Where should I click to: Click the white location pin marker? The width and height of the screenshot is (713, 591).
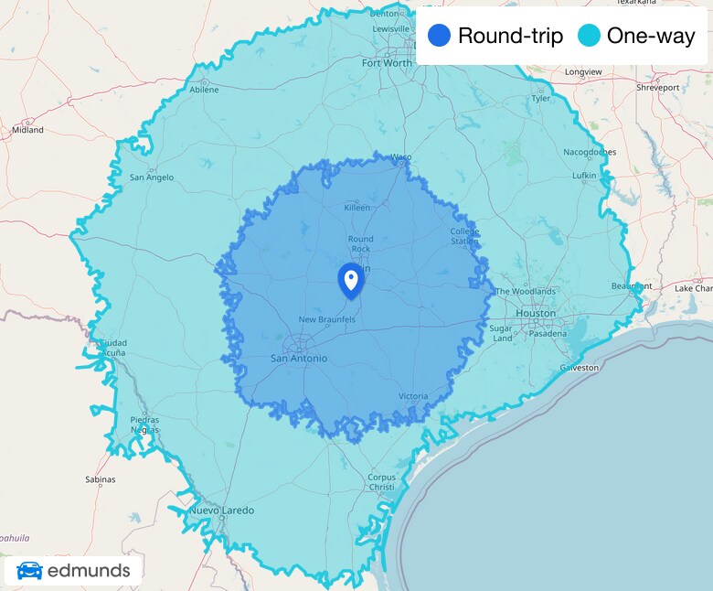pos(350,278)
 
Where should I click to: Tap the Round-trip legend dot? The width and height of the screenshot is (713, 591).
pos(440,37)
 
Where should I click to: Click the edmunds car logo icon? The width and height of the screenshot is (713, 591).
pos(29,571)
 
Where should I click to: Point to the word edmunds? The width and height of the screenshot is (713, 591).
pos(89,571)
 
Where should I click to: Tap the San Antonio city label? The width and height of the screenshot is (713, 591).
pos(298,358)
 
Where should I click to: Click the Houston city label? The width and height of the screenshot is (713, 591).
pos(535,313)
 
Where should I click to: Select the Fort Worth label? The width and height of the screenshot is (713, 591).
pos(387,63)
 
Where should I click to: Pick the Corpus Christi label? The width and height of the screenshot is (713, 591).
pos(381,482)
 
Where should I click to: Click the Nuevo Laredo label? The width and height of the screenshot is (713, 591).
pos(221,510)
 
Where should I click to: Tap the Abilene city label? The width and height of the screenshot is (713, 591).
pos(204,90)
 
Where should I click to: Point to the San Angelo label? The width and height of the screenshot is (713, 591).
pos(152,177)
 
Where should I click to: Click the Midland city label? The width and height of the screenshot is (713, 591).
pos(27,130)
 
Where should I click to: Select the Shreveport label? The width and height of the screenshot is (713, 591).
pos(658,88)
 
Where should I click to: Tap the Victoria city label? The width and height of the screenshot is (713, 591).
pos(413,396)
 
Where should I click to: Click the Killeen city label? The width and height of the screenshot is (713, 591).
pos(356,208)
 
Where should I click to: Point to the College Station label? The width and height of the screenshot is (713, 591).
pos(464,236)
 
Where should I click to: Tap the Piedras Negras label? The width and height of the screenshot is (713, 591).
pos(144,424)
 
